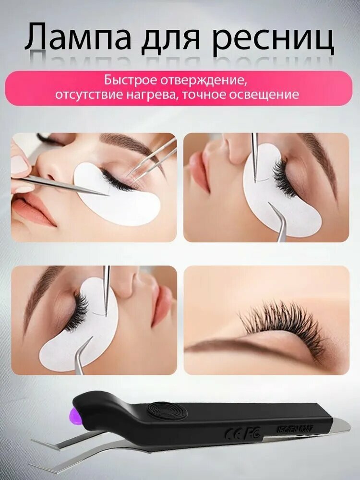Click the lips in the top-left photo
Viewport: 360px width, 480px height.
tap(34, 211)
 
